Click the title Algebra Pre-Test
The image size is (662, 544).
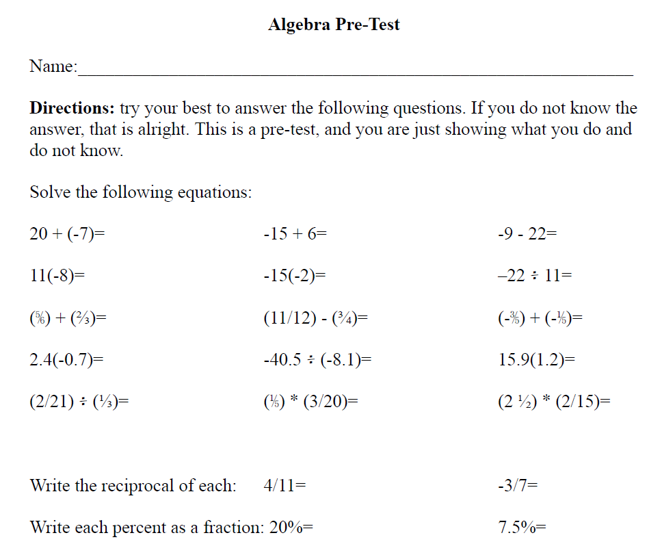click(334, 25)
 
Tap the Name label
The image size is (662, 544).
click(53, 66)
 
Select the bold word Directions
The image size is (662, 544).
click(72, 108)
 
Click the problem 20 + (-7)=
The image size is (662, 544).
click(67, 234)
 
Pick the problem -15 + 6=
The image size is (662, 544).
click(295, 234)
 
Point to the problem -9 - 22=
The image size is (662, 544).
click(527, 234)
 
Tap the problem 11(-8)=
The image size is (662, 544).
click(57, 276)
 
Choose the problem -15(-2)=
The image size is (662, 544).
click(294, 276)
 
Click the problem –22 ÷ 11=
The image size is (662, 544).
click(535, 276)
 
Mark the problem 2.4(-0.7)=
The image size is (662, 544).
click(66, 360)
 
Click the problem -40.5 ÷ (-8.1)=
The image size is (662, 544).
click(317, 360)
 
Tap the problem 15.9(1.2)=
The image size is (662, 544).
click(537, 360)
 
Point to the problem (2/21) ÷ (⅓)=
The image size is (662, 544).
click(79, 402)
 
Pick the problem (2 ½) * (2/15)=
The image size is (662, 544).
click(554, 402)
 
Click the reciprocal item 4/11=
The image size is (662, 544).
click(284, 486)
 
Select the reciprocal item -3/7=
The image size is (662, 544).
click(518, 486)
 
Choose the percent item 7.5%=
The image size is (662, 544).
click(522, 528)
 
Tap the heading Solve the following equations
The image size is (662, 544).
click(141, 192)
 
